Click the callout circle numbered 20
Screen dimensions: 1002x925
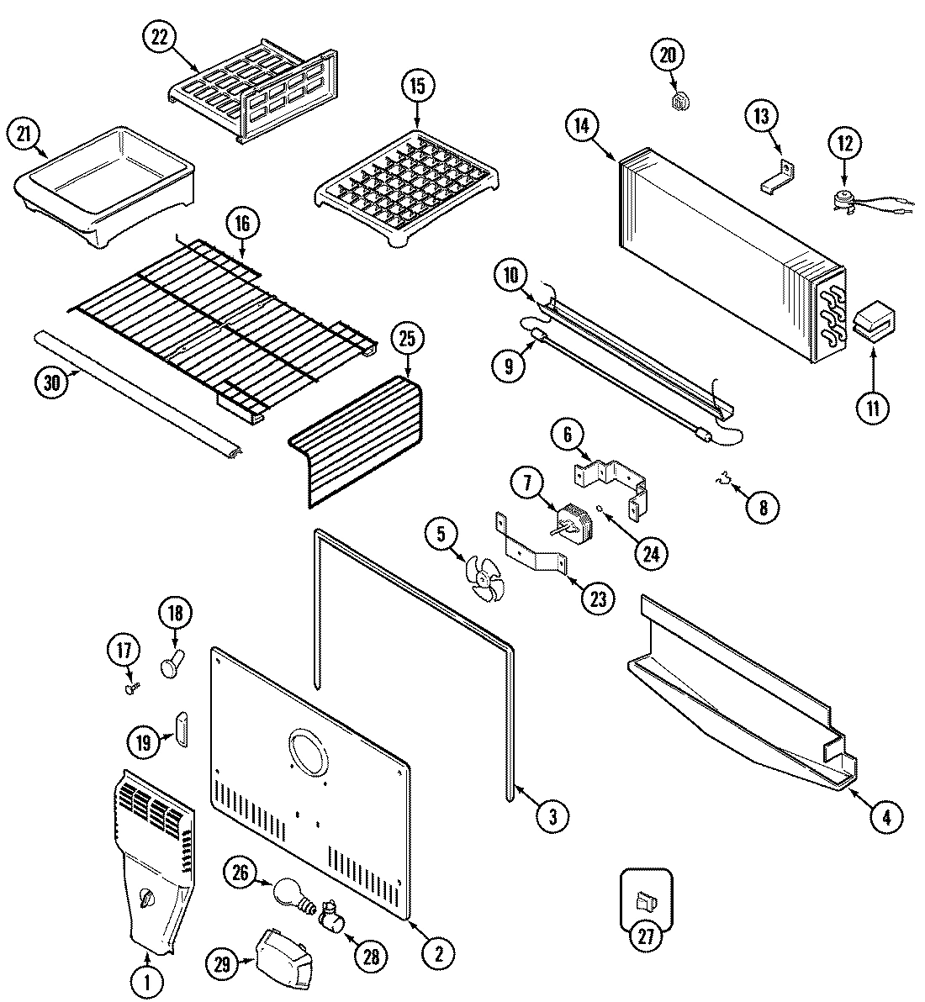[667, 56]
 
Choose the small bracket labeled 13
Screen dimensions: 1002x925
[780, 176]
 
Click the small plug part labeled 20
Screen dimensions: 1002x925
[680, 102]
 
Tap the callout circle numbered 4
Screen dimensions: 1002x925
[885, 815]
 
